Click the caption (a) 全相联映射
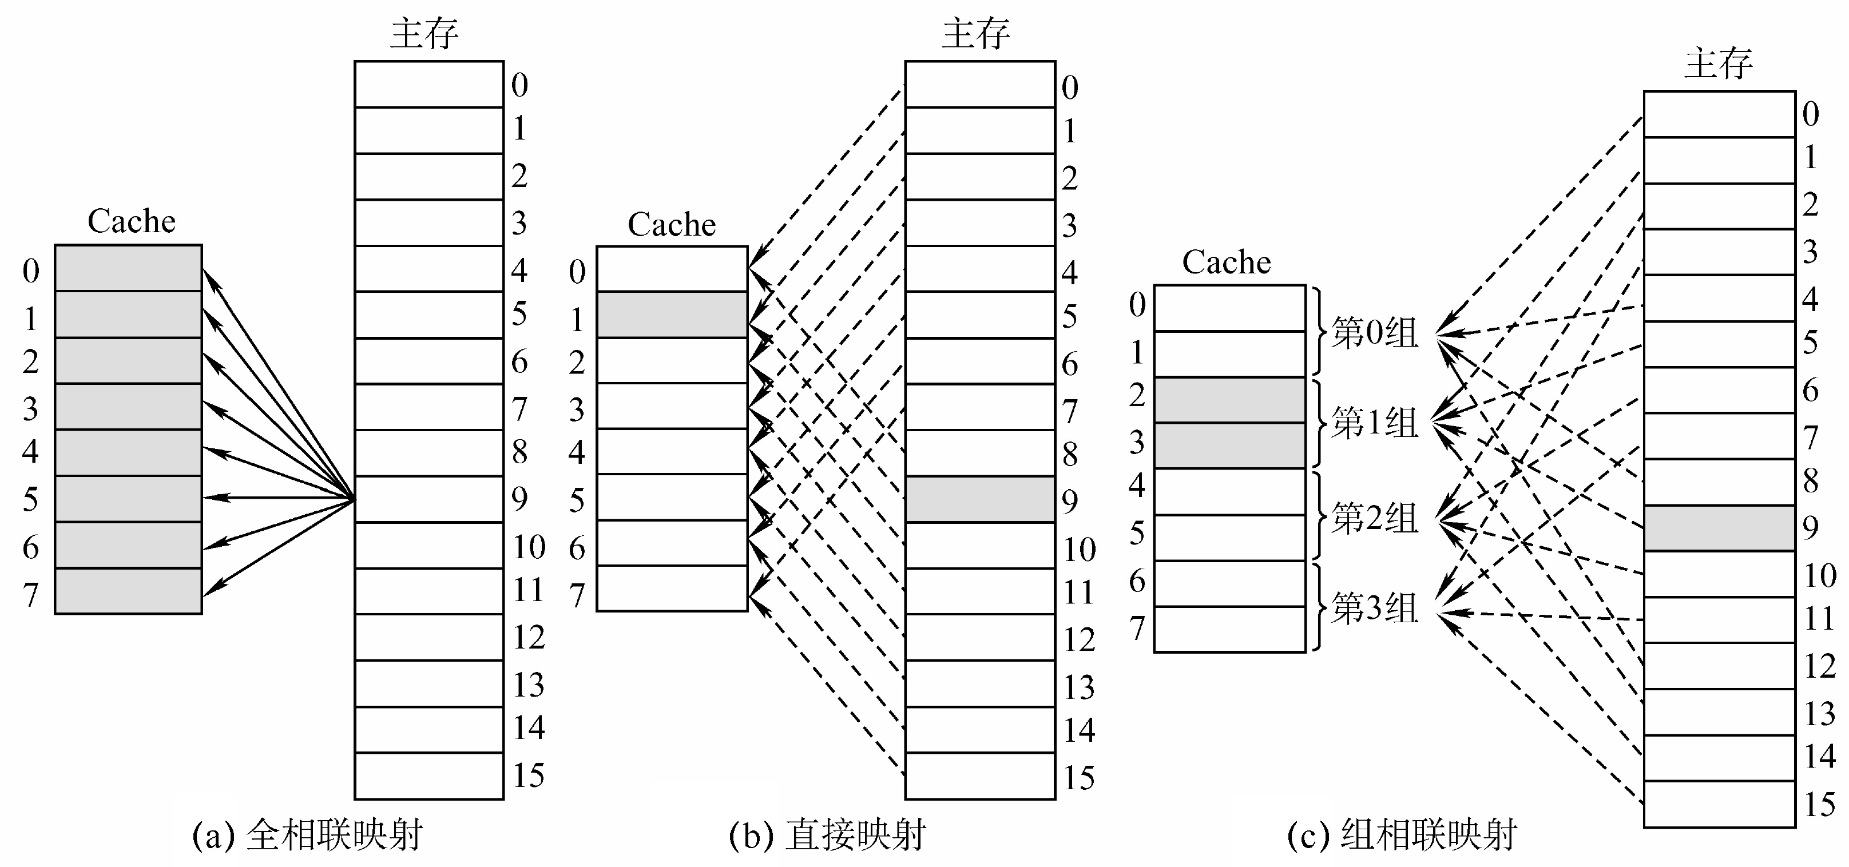308,836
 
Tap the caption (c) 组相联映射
1402,836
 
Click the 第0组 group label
1375,333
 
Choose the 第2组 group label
1375,518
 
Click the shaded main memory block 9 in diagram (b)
980,499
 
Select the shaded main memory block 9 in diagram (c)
1720,528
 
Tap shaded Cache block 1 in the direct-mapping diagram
672,315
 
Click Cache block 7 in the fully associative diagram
129,591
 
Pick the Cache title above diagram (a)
132,221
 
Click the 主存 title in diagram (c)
1719,63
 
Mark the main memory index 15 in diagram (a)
528,775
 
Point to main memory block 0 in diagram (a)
429,84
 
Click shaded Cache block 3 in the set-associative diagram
1229,446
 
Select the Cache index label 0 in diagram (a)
31,271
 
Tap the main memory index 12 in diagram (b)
1079,639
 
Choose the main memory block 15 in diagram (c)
1720,804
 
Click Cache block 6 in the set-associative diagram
1229,583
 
